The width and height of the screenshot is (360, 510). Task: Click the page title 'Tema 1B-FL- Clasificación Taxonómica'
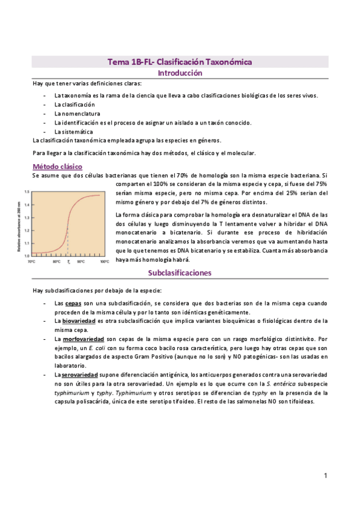point(179,62)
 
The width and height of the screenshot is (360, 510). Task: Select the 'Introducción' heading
point(180,73)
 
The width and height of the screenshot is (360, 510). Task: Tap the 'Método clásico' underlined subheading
point(57,167)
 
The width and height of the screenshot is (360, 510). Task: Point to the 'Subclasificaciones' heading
point(180,272)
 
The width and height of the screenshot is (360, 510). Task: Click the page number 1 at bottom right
point(325,476)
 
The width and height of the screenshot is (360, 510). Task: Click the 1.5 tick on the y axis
point(27,191)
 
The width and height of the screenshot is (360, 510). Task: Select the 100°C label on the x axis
point(103,262)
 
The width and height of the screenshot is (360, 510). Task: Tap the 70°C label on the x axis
point(32,262)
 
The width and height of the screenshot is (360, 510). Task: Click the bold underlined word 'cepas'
point(73,304)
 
